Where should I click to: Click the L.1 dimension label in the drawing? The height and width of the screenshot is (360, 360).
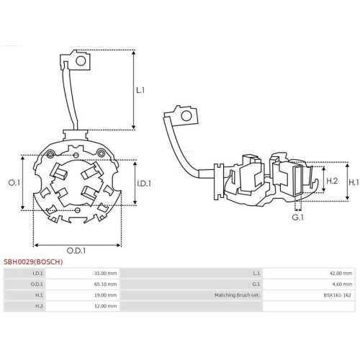pos(140,91)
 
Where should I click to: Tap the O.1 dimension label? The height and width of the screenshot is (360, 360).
pos(13,184)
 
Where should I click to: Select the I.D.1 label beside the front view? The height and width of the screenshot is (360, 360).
pos(144,184)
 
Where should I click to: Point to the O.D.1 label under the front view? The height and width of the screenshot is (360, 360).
pos(76,250)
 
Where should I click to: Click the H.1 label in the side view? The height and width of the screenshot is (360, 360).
pos(354,183)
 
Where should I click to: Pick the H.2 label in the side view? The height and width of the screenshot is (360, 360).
pos(332,181)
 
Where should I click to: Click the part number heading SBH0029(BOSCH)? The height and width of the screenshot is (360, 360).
pos(33,262)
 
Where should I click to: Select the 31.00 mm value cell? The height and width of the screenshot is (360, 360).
pos(105,274)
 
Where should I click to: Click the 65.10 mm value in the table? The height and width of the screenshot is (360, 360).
pos(105,284)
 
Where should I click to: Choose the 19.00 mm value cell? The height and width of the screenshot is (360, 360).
pos(105,295)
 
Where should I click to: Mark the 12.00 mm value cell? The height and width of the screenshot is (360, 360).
pos(105,306)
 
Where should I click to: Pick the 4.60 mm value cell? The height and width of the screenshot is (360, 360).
pos(343,284)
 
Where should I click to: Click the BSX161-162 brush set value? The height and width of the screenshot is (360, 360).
pos(338,295)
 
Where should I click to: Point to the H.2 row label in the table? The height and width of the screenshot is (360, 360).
pos(39,306)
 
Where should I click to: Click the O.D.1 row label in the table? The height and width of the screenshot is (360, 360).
pos(37,284)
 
